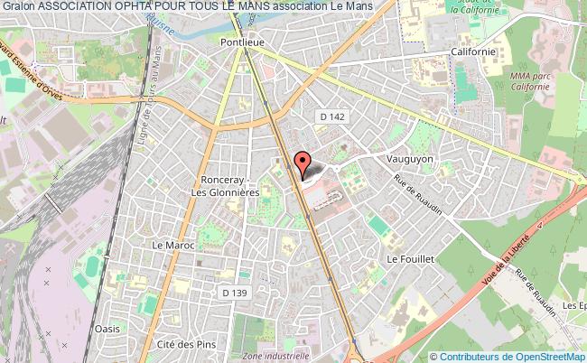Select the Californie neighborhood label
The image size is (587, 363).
click(x=473, y=52)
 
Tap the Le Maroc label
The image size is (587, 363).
click(x=168, y=244)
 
